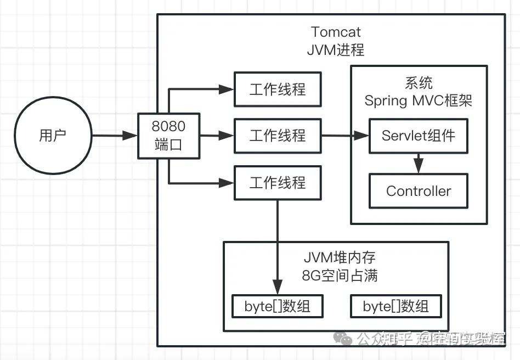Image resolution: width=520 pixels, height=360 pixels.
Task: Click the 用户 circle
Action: (x=52, y=136)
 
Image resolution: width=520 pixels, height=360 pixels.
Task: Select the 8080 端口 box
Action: (x=168, y=136)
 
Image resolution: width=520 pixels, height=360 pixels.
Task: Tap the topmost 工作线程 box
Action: (x=278, y=89)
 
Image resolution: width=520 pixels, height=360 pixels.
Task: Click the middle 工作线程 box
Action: (x=278, y=135)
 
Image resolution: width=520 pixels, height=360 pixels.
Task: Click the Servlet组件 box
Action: (x=419, y=136)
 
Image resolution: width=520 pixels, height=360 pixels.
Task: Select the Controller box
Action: (x=419, y=191)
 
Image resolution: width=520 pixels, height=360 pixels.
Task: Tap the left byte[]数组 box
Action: (x=277, y=306)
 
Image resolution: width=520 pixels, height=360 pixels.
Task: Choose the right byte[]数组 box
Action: (x=395, y=306)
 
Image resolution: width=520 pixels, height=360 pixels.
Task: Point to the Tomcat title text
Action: (x=336, y=32)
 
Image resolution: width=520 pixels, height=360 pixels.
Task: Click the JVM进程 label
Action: (x=336, y=50)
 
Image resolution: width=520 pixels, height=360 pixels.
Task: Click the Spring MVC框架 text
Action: (x=419, y=100)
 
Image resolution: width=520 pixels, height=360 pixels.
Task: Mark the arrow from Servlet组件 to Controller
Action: (x=419, y=163)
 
